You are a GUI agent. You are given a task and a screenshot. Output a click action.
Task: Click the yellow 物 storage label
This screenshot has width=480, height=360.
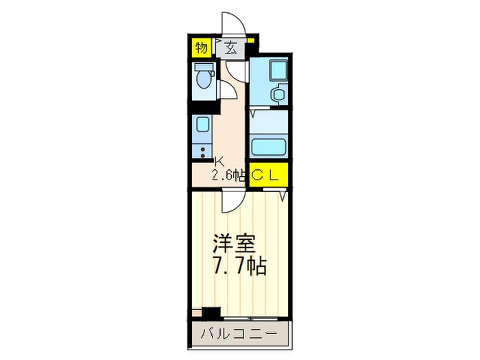pyautogui.click(x=201, y=47)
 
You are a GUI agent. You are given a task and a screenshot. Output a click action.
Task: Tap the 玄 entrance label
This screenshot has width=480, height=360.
pyautogui.click(x=231, y=48)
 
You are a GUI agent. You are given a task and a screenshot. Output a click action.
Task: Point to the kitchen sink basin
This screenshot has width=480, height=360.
pyautogui.click(x=202, y=125)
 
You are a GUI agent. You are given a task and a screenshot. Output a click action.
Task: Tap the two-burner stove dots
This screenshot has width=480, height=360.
pyautogui.click(x=202, y=152)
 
